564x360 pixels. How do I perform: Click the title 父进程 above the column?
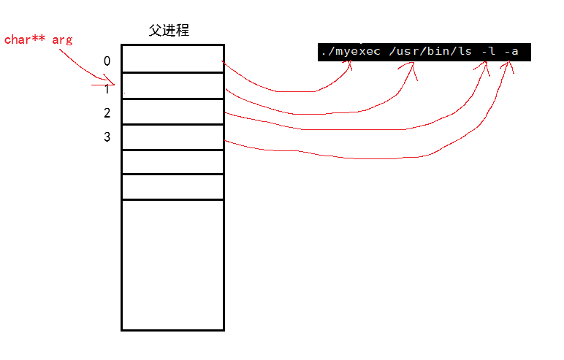169,31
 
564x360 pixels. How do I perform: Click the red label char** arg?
38,39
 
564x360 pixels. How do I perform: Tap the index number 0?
107,61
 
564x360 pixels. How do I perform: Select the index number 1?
107,89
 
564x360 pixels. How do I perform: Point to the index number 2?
107,113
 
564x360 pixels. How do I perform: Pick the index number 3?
107,137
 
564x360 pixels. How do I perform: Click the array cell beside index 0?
172,58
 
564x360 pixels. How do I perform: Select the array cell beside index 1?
172,85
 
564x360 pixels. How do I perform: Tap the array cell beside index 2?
172,112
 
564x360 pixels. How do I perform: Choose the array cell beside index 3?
172,137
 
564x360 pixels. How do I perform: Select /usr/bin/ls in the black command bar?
424,53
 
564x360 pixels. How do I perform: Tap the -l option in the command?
487,53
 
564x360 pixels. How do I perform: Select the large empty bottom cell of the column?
172,264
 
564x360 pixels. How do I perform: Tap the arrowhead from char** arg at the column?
113,83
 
